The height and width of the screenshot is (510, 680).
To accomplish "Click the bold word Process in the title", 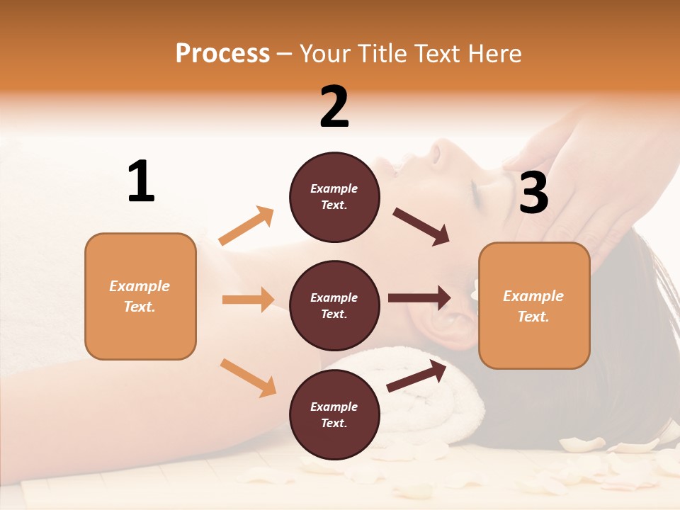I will (222, 54).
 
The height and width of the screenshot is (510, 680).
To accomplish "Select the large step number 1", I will (141, 182).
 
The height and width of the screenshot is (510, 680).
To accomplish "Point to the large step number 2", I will (334, 107).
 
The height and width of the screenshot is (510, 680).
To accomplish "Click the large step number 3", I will (533, 193).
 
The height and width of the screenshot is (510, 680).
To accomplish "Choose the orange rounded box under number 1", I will (140, 296).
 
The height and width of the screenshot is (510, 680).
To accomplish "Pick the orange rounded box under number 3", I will (534, 305).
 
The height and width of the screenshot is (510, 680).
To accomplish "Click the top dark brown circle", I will (334, 197).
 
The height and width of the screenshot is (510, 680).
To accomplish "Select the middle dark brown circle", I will (334, 305).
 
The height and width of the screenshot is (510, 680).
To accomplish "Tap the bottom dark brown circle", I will (334, 414).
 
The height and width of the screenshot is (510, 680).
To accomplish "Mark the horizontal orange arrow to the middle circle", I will (248, 300).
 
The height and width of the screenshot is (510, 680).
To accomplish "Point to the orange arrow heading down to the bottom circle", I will (248, 378).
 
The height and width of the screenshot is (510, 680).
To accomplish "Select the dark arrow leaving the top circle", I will (421, 227).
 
